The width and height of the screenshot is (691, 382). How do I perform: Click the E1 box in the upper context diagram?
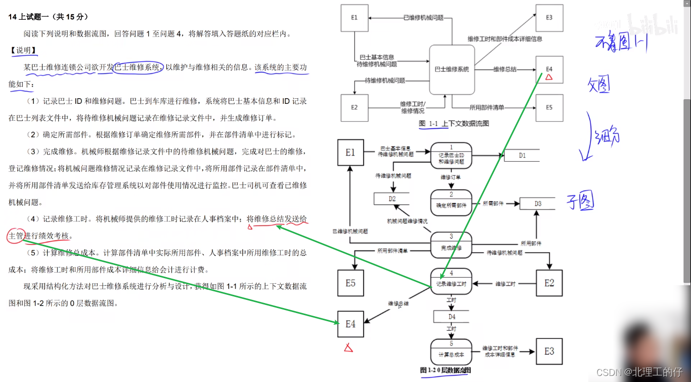(x=354, y=18)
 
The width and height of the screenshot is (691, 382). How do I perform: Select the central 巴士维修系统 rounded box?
(x=452, y=69)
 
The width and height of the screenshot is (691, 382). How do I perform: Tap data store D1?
(x=522, y=155)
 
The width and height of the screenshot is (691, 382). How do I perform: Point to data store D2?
(x=392, y=199)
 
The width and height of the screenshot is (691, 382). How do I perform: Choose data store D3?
(x=537, y=204)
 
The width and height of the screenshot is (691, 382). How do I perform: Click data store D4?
(x=452, y=317)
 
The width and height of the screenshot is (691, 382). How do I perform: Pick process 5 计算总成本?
(x=451, y=351)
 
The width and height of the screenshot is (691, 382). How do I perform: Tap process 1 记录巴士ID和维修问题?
(x=451, y=155)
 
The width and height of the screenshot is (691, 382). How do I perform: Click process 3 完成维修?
(x=451, y=245)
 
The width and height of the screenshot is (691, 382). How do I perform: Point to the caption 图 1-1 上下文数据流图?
(x=454, y=124)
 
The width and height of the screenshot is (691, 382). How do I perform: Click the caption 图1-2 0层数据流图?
(x=446, y=370)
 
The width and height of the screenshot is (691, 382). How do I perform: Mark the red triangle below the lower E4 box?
(x=348, y=348)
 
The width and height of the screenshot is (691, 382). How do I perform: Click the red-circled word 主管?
(x=16, y=236)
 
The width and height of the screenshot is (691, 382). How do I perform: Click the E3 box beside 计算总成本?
(x=549, y=351)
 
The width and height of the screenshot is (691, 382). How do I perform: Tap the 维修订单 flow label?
(x=451, y=178)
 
